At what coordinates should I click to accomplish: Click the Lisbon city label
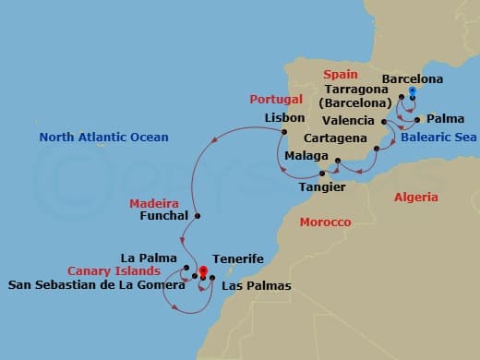[x=284, y=119]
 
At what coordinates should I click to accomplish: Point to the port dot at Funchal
[x=197, y=216]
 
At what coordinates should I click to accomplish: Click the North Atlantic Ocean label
[x=103, y=138]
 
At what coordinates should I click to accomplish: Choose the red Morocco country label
[x=325, y=222]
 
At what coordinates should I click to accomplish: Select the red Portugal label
[x=276, y=99]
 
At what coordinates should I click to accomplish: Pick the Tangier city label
[x=322, y=187]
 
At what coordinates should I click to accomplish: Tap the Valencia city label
[x=350, y=121]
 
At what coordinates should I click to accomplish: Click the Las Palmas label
[x=256, y=286]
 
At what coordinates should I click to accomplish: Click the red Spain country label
[x=338, y=73]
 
